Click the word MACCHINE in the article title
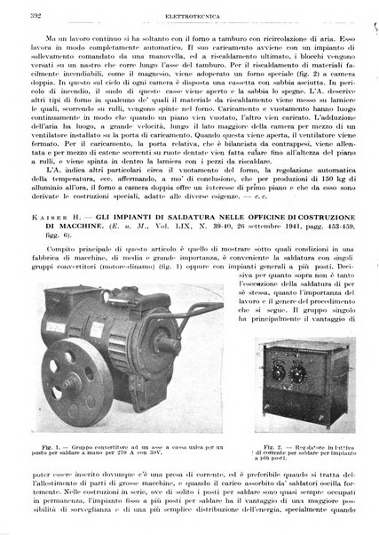pos(77,229)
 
